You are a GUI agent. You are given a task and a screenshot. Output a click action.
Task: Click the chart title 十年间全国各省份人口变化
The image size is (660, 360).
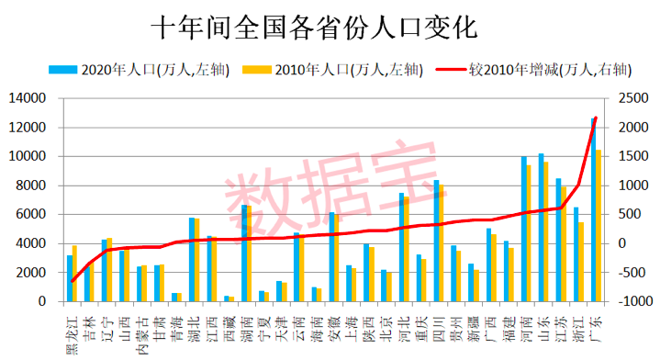click(x=315, y=27)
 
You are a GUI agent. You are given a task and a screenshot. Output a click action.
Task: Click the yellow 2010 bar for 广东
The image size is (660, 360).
click(x=599, y=226)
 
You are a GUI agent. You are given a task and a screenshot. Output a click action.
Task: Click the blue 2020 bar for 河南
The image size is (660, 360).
click(x=523, y=229)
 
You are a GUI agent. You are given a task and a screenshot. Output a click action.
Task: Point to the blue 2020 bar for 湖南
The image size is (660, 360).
click(x=244, y=253)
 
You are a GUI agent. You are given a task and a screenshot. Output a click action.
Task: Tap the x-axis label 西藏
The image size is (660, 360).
click(x=228, y=324)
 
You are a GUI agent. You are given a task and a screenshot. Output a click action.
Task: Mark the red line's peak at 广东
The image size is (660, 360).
click(x=596, y=118)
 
